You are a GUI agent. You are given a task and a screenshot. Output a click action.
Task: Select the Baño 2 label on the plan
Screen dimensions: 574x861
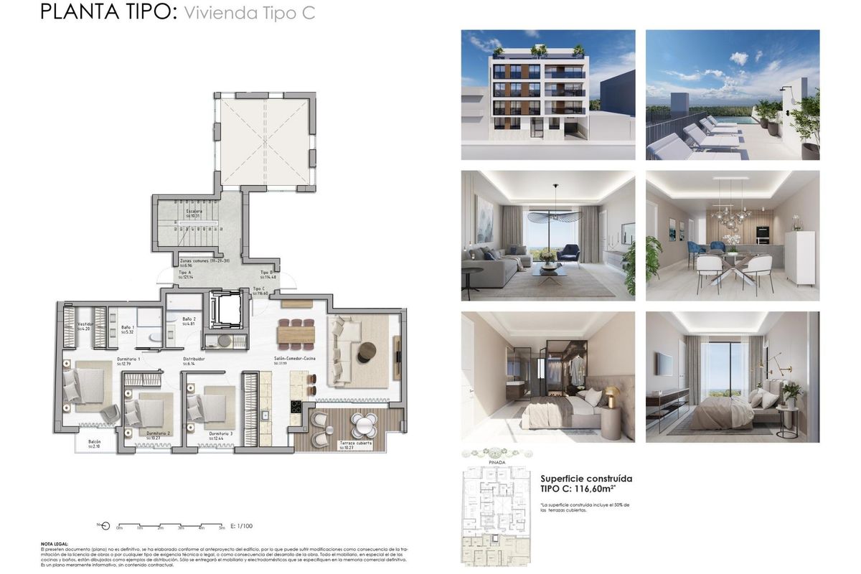coord(189,321)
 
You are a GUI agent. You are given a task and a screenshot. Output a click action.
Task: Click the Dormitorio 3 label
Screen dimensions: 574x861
coord(220,435)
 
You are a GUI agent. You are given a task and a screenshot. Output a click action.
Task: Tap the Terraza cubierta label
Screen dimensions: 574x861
coord(356,446)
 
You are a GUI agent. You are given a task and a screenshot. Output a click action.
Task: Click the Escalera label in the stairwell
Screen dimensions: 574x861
coord(193,213)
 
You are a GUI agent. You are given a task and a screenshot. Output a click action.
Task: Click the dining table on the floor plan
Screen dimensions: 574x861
coord(296,334)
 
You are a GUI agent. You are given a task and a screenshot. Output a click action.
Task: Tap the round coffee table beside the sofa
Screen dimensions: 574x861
coord(366,349)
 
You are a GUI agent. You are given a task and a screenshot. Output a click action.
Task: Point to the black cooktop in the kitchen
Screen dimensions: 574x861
coord(295,407)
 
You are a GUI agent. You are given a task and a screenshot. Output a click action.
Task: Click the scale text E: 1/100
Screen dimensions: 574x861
coord(242,526)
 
